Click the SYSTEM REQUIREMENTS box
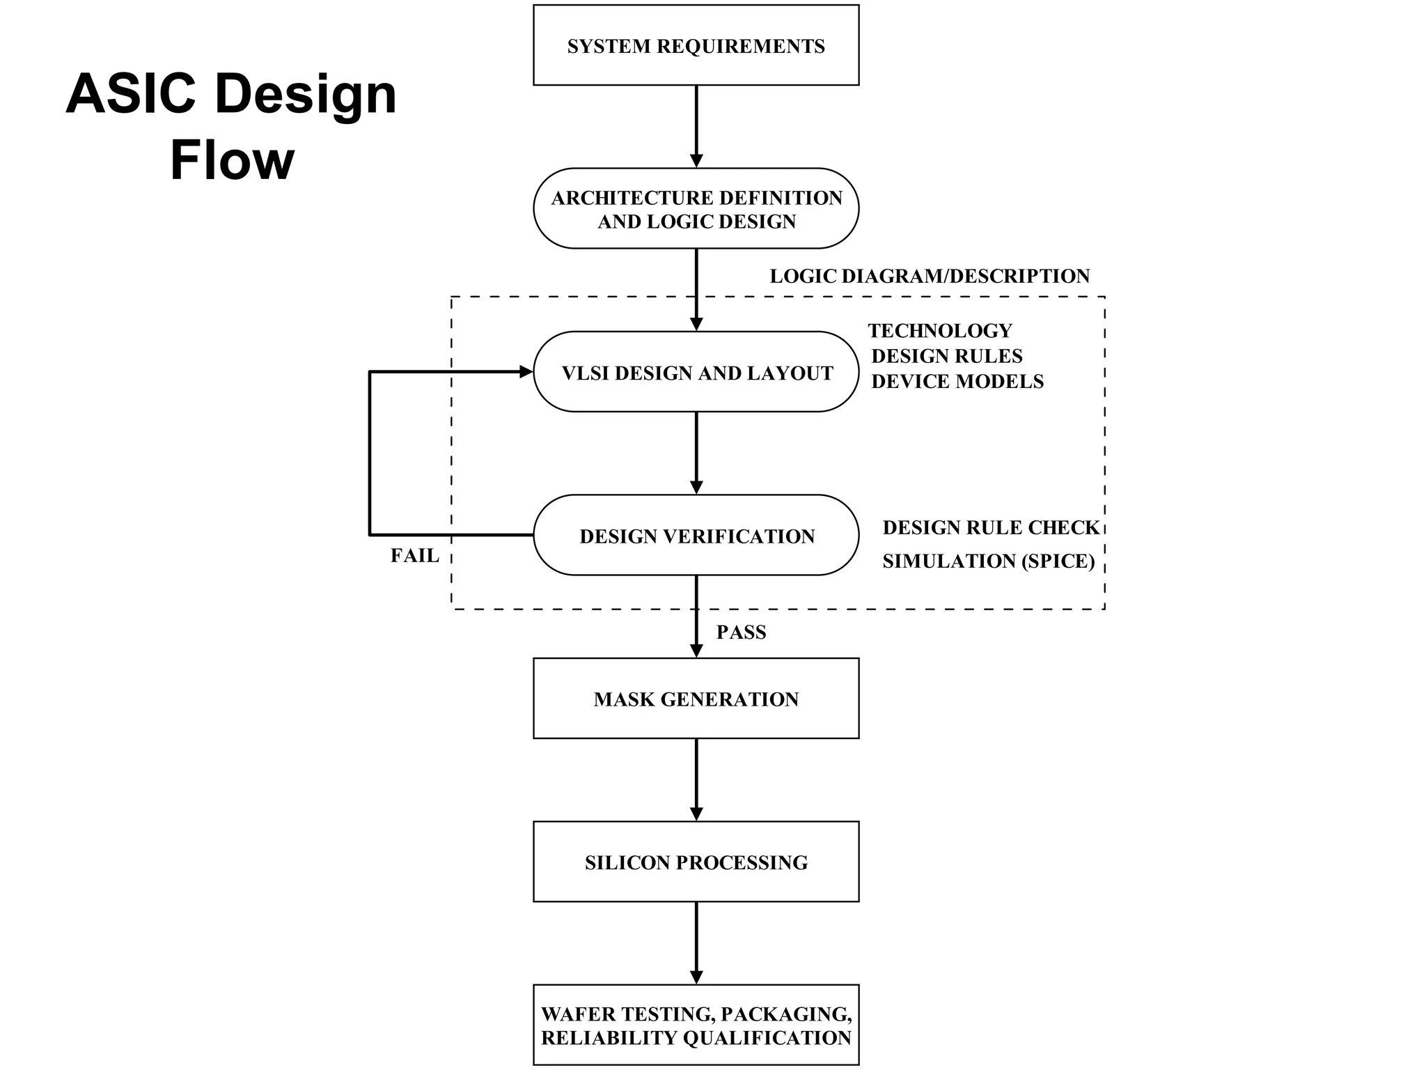[696, 45]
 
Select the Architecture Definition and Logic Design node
[696, 208]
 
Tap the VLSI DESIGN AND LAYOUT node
[696, 372]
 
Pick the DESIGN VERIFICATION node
[696, 535]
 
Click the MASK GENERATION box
[696, 698]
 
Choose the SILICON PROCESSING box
[696, 862]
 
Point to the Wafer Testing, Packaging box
[696, 1025]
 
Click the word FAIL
[414, 555]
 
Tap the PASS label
[741, 632]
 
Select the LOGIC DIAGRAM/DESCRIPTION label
[929, 276]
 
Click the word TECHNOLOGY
[939, 330]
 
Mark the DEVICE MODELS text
[957, 381]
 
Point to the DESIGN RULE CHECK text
[990, 527]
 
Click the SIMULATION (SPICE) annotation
[988, 561]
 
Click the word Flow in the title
[232, 160]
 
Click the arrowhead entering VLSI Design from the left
[526, 372]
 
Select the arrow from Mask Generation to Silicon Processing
[696, 779]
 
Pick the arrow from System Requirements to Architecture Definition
[696, 125]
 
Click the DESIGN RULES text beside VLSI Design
[946, 356]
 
